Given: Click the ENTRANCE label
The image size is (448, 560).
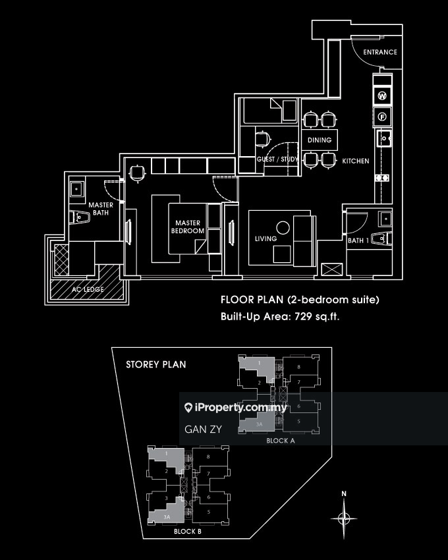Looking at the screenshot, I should coord(379,52).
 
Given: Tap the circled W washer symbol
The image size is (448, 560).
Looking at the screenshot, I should coord(382,96).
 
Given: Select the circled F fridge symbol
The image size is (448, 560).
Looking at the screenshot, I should coord(382,119).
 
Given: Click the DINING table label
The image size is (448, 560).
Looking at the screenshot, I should coord(320,140).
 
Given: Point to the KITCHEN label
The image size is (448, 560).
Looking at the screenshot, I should coord(355,161).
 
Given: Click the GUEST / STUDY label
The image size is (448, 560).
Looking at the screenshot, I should coord(277,159).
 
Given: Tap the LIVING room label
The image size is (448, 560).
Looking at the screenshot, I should coord(266,238).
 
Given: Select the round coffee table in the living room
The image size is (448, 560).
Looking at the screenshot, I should coord(283,229).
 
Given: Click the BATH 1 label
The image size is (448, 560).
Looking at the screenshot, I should coord(358,241).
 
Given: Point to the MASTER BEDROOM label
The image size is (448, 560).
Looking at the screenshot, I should coord(188,227).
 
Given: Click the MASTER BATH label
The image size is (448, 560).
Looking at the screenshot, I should coord(101,209).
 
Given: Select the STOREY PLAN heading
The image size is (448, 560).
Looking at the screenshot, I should coord(155,364).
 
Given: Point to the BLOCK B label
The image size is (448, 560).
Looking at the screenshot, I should coord(188,532).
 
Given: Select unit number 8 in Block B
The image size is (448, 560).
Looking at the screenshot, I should coord(208,457).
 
